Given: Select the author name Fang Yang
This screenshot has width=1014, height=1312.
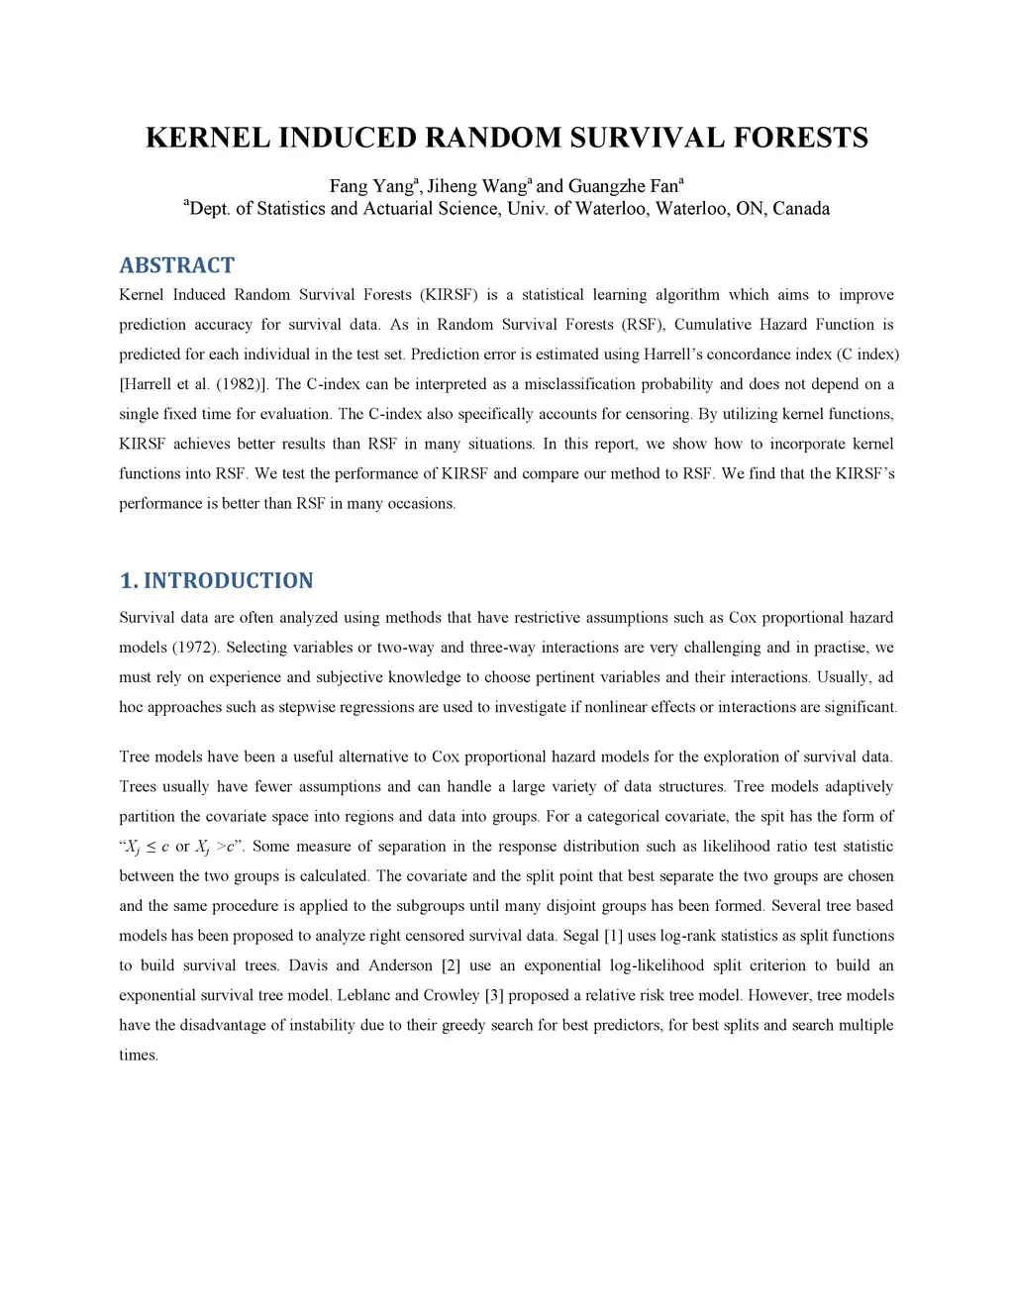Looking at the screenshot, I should (370, 186).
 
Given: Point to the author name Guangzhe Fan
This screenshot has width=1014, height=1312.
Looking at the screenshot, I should (623, 186).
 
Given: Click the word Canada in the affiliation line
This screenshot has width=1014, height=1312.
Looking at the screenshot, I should (801, 209).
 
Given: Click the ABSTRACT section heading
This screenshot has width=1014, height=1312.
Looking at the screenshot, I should (177, 265).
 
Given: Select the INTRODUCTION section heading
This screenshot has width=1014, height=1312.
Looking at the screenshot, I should (228, 580).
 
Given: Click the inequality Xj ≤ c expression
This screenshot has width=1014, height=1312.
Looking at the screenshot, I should (147, 847).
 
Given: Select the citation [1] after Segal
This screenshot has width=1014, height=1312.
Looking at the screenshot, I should (613, 936).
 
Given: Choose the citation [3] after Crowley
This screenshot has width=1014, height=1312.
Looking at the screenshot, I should (494, 995).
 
